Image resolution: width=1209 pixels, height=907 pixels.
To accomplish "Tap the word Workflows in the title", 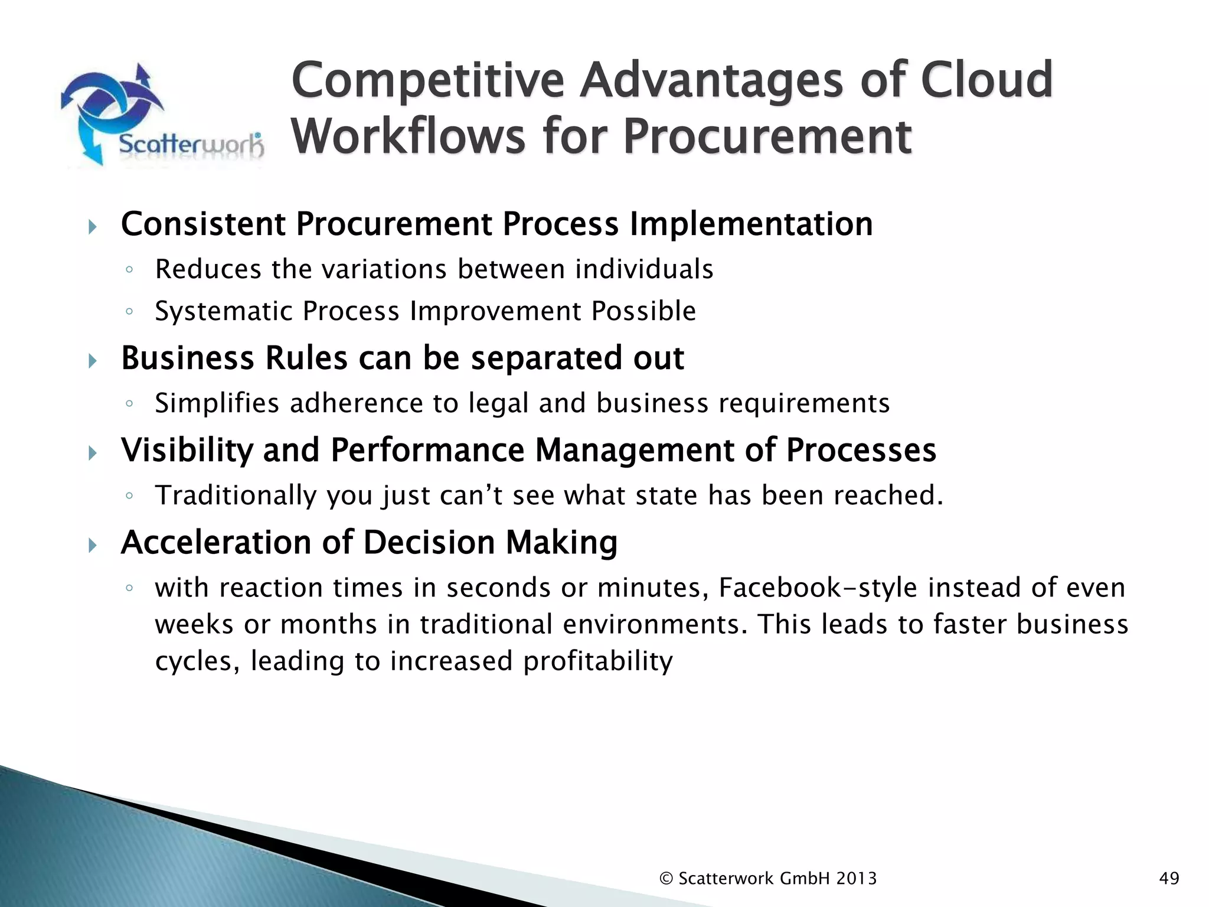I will [x=408, y=136].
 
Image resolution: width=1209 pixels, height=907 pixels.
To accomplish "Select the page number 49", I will [x=1169, y=879].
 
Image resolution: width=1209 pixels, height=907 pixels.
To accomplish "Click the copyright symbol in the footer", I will [x=666, y=879].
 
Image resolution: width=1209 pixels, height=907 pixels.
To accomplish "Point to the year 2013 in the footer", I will [x=856, y=879].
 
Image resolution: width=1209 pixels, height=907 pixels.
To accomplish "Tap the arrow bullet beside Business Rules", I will [x=92, y=360].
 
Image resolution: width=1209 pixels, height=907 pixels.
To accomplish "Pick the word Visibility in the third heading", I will [x=187, y=450].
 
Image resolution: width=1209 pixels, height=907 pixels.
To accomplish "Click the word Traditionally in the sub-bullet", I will [x=236, y=495].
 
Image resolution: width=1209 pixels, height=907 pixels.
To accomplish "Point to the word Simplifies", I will [x=217, y=403].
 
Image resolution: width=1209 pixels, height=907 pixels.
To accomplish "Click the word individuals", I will [x=644, y=269].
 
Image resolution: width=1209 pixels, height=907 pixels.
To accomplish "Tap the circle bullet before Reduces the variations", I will [x=129, y=270].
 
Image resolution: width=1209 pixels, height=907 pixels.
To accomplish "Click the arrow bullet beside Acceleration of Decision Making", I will [x=92, y=544].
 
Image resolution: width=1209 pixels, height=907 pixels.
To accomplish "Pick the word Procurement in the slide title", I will [x=767, y=136].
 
